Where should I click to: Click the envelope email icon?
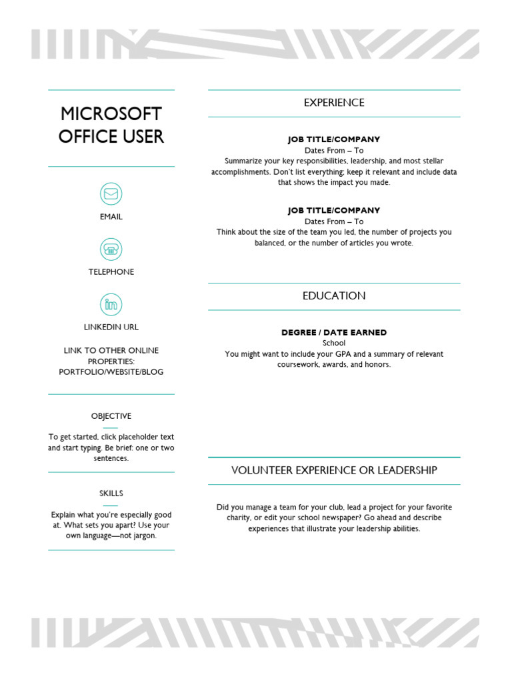[111, 194]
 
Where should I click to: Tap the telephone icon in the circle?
[111, 249]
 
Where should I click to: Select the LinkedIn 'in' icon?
[111, 305]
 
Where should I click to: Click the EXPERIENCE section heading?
[334, 103]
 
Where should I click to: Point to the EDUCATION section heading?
[334, 296]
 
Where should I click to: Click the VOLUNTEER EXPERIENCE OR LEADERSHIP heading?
[334, 470]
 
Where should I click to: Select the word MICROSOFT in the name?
[111, 113]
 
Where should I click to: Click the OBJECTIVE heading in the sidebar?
[111, 416]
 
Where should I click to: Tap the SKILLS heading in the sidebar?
[111, 494]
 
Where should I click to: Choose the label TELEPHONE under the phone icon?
[111, 272]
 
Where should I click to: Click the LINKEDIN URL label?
[111, 327]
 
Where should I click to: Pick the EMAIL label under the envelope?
[111, 217]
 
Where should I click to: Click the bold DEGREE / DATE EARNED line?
[334, 332]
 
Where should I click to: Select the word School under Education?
[334, 343]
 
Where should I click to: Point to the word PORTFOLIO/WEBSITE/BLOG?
[111, 372]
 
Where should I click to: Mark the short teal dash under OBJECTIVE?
[111, 428]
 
